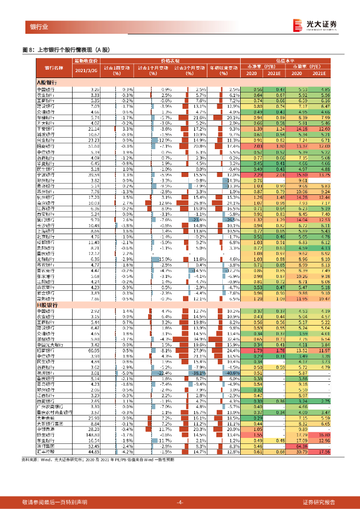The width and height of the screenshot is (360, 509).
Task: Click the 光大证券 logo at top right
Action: pyautogui.click(x=315, y=25)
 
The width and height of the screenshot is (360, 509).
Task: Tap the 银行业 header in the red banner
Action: pyautogui.click(x=39, y=27)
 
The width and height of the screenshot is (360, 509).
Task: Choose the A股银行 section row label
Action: pyautogui.click(x=48, y=82)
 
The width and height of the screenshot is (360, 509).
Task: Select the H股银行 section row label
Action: pyautogui.click(x=48, y=305)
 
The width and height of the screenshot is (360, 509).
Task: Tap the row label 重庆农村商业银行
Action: pyautogui.click(x=55, y=412)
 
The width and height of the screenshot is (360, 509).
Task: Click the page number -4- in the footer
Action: pyautogui.click(x=180, y=502)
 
